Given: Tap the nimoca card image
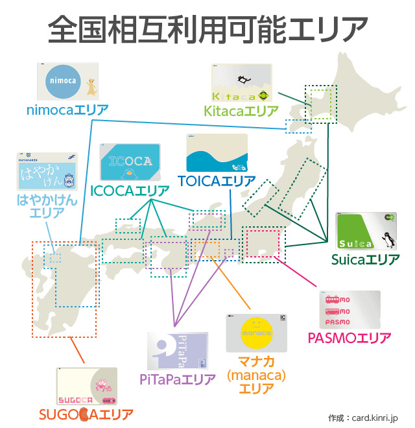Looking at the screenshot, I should pos(67,81).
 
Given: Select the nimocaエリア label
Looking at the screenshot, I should pos(67,109).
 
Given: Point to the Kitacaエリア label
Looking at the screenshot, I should pos(241,112).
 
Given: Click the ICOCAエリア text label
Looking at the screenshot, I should pos(130,191).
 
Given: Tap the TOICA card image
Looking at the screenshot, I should pos(217,153).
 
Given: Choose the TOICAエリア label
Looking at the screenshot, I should pos(217,182).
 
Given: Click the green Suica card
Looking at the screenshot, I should pos(366,232).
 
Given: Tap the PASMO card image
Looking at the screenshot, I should pos(350,310).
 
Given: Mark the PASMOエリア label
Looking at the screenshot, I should pos(349,338).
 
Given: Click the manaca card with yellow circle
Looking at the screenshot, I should pos(256,333).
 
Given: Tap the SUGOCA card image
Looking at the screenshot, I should pos(87,386).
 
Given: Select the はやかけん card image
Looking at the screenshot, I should pos(46,171).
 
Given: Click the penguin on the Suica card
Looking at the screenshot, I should pos(388,240).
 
